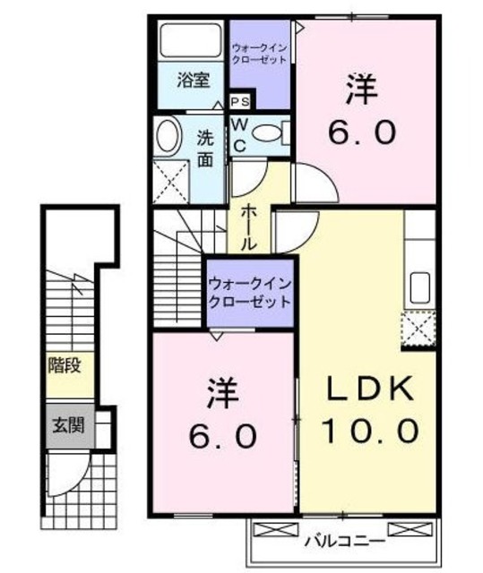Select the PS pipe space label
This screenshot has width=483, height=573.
pos(239,102)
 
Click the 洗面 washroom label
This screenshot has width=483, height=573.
pos(205,149)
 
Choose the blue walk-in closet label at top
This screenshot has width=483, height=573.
pos(259,53)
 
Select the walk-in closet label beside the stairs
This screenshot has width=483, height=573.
pos(250,293)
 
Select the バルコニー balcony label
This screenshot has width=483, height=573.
pos(343,541)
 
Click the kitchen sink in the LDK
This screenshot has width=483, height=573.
pos(419,288)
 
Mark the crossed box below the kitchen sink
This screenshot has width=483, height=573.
pos(418,327)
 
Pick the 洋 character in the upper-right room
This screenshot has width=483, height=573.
pos(362,90)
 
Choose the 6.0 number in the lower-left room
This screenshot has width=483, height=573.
pos(224,436)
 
